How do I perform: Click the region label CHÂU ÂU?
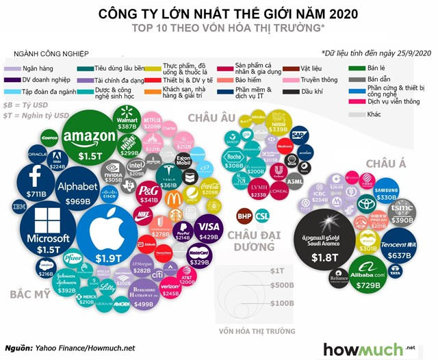tap(212, 117)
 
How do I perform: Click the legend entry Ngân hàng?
tap(38, 68)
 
